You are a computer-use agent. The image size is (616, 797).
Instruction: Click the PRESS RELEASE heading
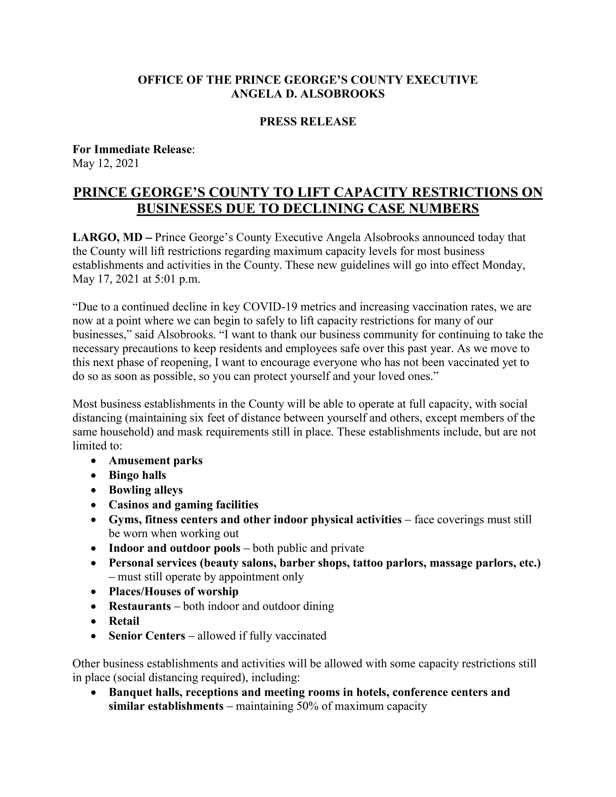(x=308, y=121)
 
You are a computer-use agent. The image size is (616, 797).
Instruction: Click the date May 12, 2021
(x=106, y=163)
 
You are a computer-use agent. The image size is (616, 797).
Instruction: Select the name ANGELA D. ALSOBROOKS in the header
(x=308, y=94)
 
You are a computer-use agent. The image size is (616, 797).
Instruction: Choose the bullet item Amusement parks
(x=155, y=461)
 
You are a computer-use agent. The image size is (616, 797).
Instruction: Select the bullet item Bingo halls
(x=137, y=475)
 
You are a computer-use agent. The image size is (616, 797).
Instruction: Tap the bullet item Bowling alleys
(x=146, y=490)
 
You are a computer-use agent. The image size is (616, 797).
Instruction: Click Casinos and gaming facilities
(x=183, y=505)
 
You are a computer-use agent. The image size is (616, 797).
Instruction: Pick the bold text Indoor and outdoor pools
(x=174, y=548)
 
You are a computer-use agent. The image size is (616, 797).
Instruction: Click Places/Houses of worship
(x=173, y=592)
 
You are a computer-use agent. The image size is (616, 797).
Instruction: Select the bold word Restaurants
(x=140, y=606)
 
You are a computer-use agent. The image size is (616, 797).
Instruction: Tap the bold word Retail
(x=124, y=621)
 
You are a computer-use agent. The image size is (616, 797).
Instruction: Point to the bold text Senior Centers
(x=147, y=636)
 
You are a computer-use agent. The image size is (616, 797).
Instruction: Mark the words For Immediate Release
(x=132, y=149)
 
